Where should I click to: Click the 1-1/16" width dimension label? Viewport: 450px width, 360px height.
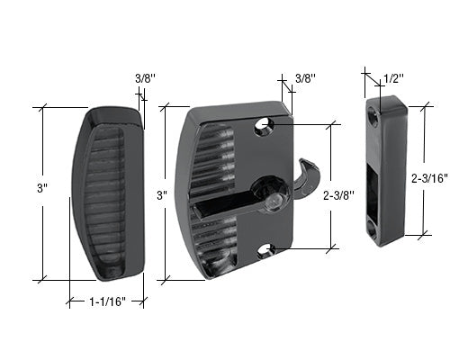(x=107, y=301)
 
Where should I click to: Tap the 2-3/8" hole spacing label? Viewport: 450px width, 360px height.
(x=339, y=195)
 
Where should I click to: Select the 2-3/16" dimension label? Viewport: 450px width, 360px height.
(x=430, y=178)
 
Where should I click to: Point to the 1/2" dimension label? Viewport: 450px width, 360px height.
(x=393, y=79)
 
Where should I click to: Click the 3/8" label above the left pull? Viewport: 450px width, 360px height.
(x=145, y=78)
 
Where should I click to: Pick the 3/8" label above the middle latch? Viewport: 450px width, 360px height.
(x=305, y=78)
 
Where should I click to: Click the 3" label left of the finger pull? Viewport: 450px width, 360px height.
(x=42, y=189)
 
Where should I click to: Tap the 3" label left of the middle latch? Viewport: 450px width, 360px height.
(x=162, y=195)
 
